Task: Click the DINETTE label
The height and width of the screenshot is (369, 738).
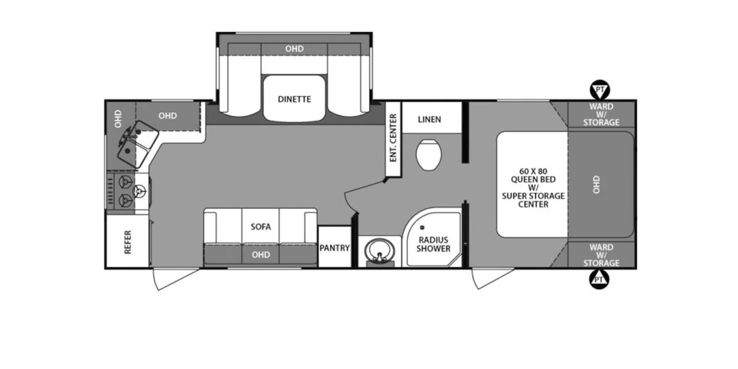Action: (x=294, y=99)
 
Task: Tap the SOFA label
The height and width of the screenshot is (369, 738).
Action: (x=260, y=226)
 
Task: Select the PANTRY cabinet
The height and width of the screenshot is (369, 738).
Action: (x=335, y=248)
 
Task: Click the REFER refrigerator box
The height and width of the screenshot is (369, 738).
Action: (x=127, y=241)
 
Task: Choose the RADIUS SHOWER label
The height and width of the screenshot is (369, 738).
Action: (x=434, y=244)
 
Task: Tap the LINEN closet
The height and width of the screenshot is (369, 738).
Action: (x=429, y=119)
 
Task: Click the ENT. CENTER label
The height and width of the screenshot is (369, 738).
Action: (x=392, y=138)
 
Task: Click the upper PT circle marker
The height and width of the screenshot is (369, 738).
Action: (x=600, y=90)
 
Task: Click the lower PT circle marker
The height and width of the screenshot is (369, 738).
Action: (x=600, y=280)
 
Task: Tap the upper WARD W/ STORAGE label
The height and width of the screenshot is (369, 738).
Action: (x=601, y=114)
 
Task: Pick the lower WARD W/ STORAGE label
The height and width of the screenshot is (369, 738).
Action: (x=601, y=255)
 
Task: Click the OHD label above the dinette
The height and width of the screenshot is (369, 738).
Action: (x=294, y=49)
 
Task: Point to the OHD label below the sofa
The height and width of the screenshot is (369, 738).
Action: (x=261, y=254)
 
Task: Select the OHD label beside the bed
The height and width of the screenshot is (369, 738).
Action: (x=596, y=184)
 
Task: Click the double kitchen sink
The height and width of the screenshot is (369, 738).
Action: (x=137, y=141)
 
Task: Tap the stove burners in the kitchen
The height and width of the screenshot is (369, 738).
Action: (x=127, y=190)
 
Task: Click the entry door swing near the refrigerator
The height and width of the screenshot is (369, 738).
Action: (x=176, y=278)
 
